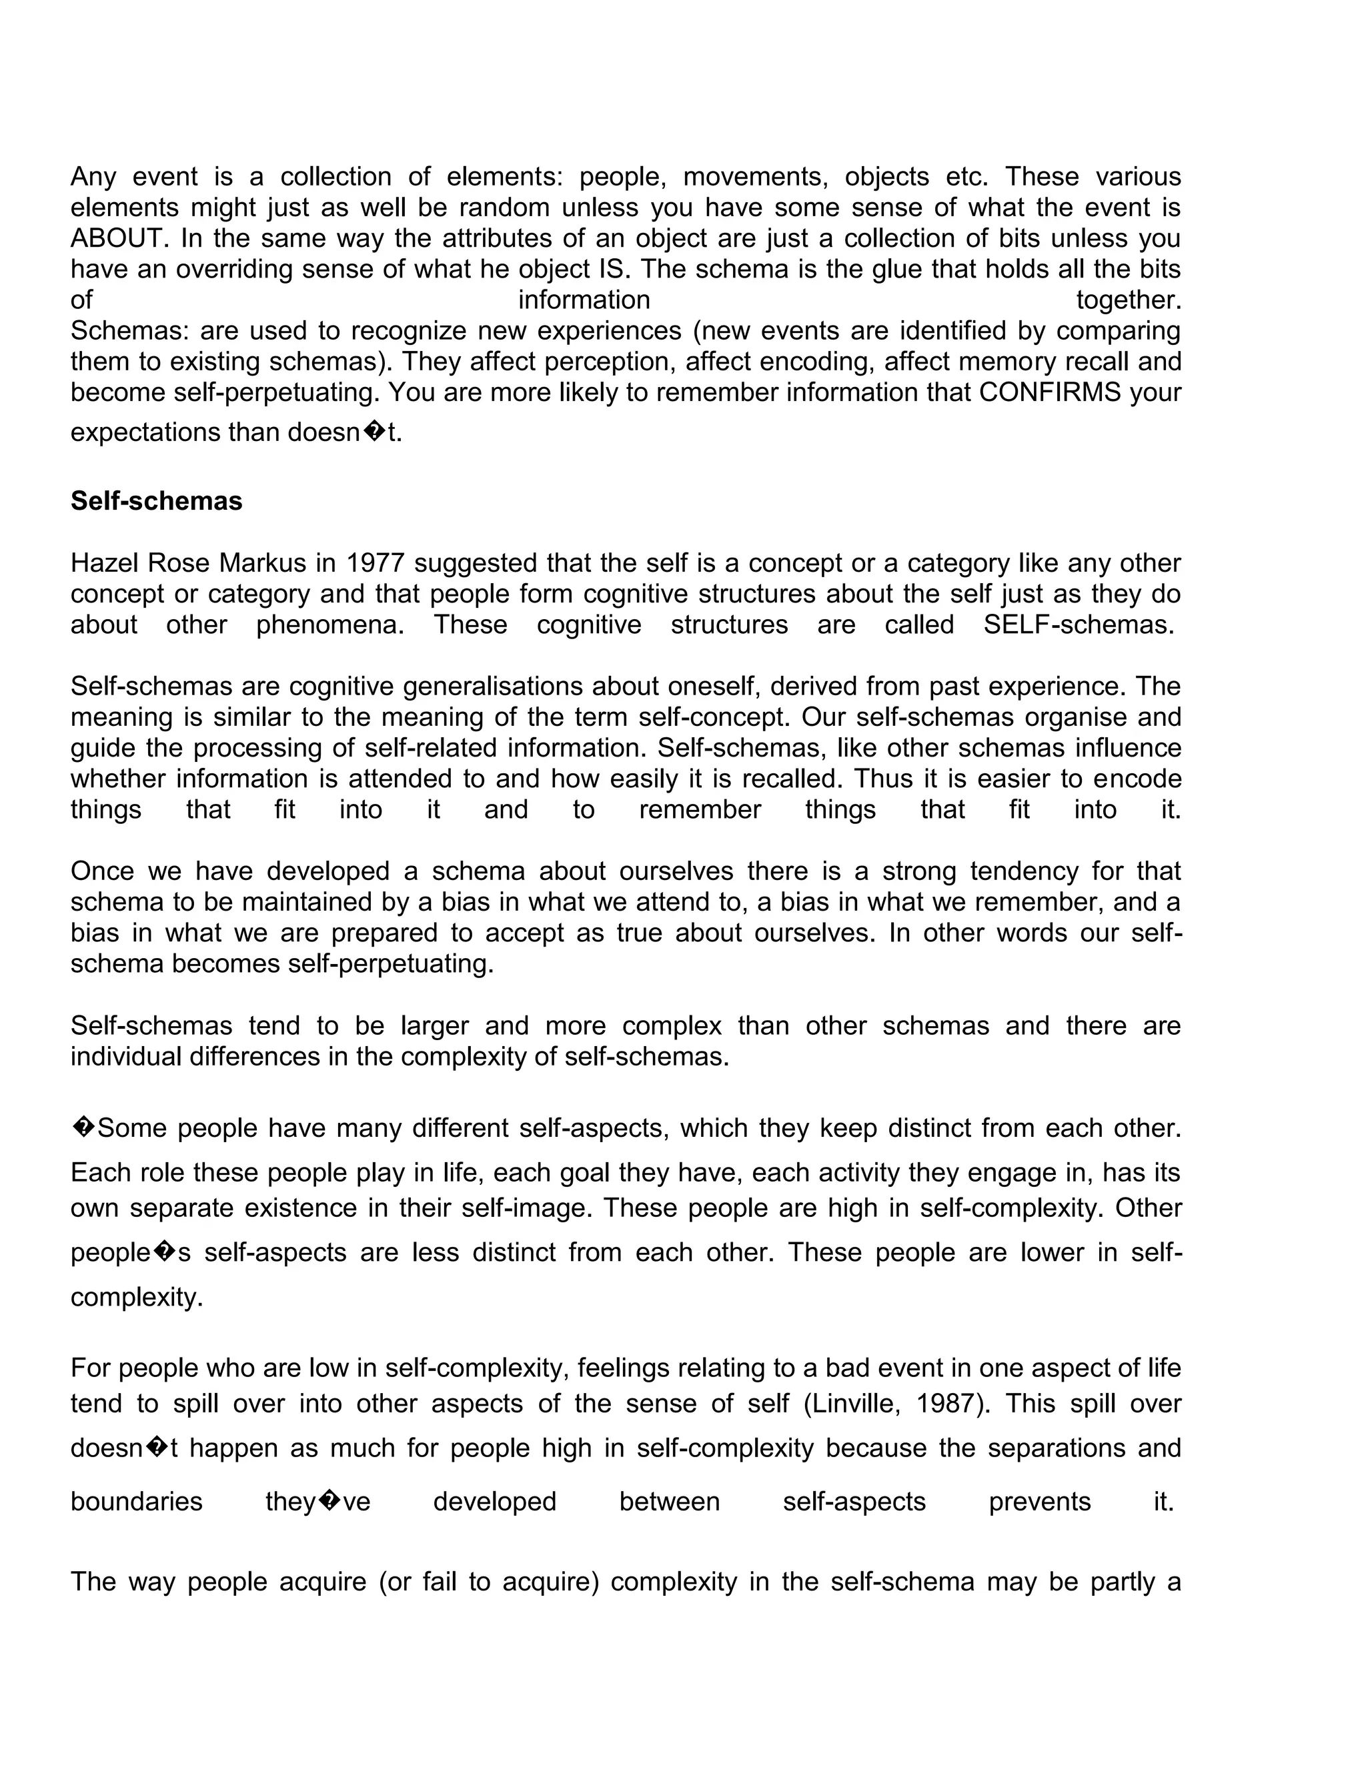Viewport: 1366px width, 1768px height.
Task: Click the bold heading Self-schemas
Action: click(x=156, y=501)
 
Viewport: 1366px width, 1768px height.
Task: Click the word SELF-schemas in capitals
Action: click(x=1079, y=625)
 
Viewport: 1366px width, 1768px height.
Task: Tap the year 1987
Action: click(x=945, y=1403)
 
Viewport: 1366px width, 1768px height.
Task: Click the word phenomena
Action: click(x=329, y=625)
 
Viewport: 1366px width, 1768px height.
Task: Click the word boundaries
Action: click(x=136, y=1502)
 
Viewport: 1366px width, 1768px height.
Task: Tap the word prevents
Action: click(x=1040, y=1502)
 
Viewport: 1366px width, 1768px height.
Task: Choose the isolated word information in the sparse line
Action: click(x=584, y=300)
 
